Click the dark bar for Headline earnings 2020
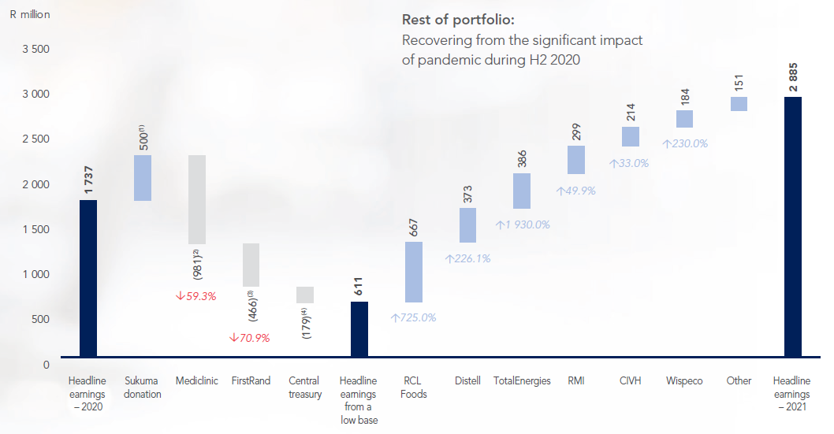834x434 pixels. [x=88, y=281]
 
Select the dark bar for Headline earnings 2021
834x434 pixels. [x=793, y=230]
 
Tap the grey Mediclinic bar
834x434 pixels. [x=196, y=199]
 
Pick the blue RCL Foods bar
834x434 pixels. [x=414, y=272]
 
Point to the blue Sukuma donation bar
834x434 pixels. [x=143, y=178]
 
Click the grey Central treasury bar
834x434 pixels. [x=305, y=295]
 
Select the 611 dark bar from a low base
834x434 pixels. [x=359, y=332]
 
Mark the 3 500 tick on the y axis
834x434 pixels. [x=34, y=49]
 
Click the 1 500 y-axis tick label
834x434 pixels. [x=34, y=229]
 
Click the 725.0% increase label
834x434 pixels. [x=413, y=318]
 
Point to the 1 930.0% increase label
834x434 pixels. [x=522, y=224]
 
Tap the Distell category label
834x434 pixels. [x=467, y=381]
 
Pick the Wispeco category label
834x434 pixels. [x=684, y=381]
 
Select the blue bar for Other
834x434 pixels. [x=739, y=104]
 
